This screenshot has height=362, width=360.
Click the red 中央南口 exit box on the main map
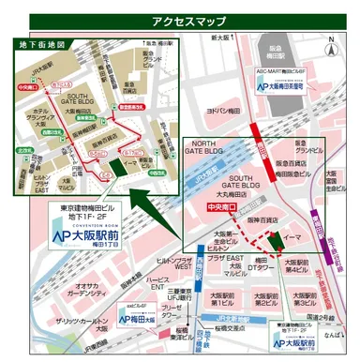tap(219, 207)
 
